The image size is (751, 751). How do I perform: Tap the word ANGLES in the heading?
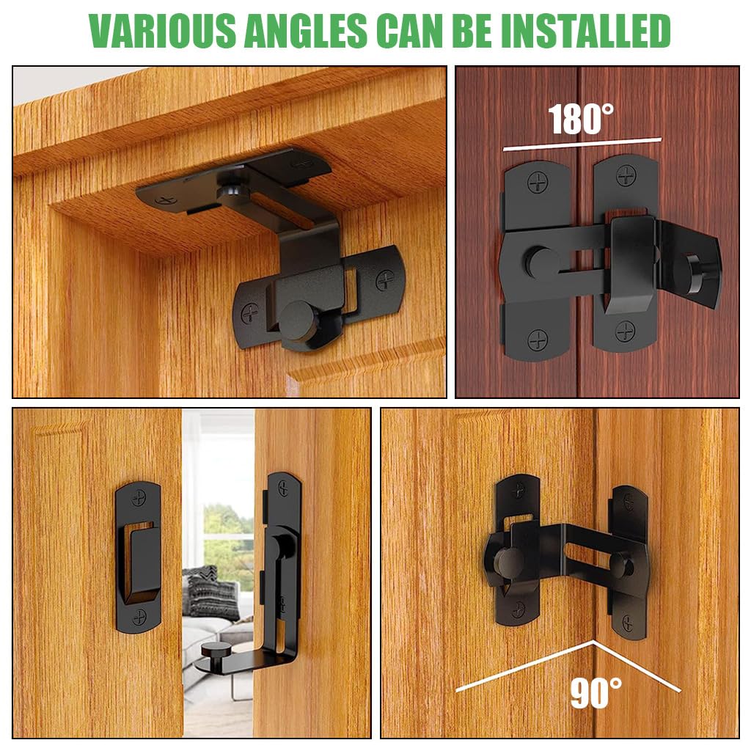(x=307, y=31)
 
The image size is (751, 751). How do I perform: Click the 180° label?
(x=580, y=120)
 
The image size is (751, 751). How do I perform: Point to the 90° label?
(x=596, y=692)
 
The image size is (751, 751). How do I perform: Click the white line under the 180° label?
(x=582, y=144)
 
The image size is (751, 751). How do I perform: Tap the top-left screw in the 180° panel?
(x=538, y=180)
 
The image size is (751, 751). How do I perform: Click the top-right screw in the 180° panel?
(x=626, y=175)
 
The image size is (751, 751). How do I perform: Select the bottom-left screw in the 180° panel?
(x=538, y=340)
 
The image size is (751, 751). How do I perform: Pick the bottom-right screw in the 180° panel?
(x=626, y=331)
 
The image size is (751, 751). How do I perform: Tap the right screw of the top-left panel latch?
(x=385, y=279)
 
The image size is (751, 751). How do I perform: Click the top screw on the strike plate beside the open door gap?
(x=139, y=497)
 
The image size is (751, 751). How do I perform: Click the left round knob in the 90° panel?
(x=508, y=562)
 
